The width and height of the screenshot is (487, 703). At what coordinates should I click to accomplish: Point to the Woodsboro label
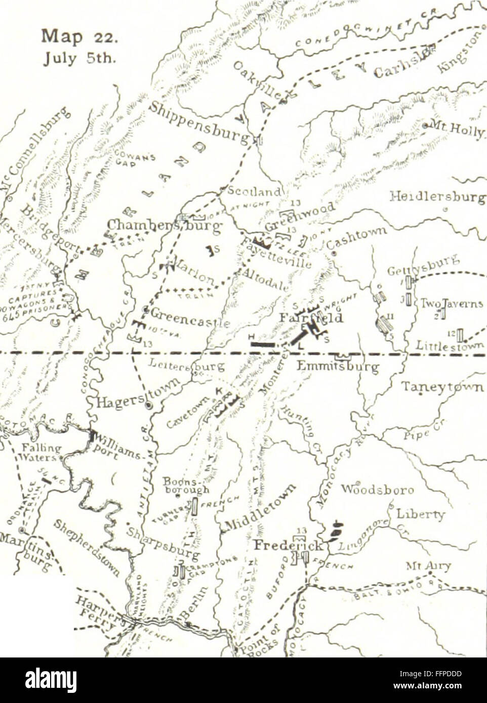point(377,490)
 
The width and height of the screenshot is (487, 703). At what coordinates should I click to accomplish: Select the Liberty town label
point(421,514)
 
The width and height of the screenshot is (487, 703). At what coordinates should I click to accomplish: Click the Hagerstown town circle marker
point(148,405)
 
